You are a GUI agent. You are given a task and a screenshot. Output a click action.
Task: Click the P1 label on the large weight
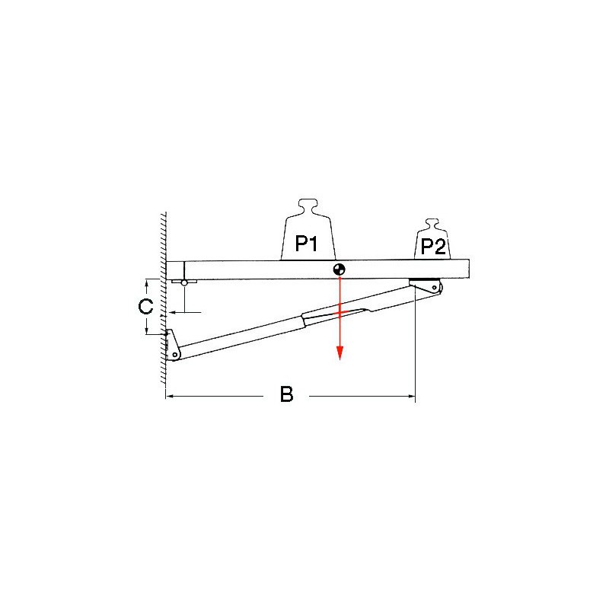pyautogui.click(x=307, y=244)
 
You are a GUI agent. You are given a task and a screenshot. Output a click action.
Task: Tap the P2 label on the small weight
pyautogui.click(x=433, y=247)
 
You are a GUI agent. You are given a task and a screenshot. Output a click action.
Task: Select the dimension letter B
pyautogui.click(x=287, y=394)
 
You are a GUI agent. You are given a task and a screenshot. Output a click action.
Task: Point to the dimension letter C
pyautogui.click(x=145, y=307)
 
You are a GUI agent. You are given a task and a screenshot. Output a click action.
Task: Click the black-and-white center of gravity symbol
pyautogui.click(x=339, y=269)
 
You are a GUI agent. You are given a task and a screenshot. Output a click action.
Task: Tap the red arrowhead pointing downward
pyautogui.click(x=340, y=353)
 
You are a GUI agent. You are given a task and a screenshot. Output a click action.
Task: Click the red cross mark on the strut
pyautogui.click(x=340, y=312)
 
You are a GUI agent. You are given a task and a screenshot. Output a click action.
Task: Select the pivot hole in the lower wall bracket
pyautogui.click(x=175, y=354)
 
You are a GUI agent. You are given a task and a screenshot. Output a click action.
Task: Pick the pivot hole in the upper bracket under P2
pyautogui.click(x=434, y=288)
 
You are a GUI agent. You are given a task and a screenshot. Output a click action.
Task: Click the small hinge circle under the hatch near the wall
pyautogui.click(x=184, y=282)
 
